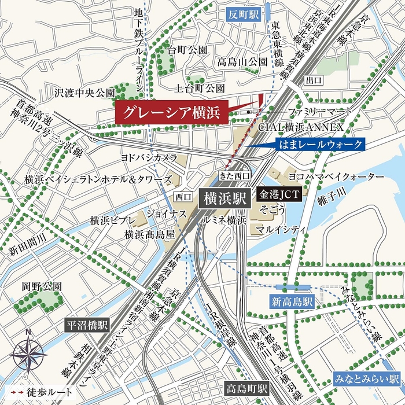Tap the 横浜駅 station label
point(224,198)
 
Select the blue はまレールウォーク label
point(321,144)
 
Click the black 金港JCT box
point(279,194)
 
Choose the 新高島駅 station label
point(293,301)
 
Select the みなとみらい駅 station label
point(367,381)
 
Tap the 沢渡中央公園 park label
point(85,92)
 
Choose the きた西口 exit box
point(235,175)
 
